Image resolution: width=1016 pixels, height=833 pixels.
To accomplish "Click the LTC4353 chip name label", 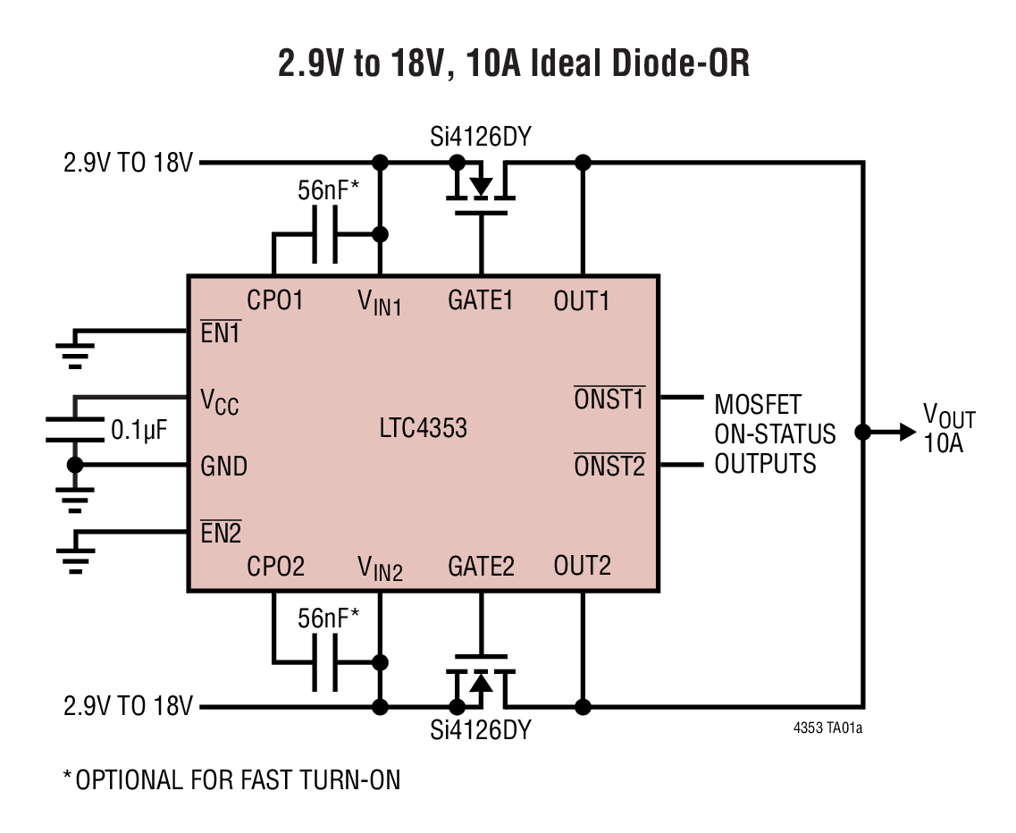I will [x=423, y=428].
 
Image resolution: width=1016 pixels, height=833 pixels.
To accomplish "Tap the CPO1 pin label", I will [x=275, y=300].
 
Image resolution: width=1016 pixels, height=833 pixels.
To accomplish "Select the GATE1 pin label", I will [x=481, y=300].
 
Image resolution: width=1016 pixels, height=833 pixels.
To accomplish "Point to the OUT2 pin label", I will [x=582, y=566].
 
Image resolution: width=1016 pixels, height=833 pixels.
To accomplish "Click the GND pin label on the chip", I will [x=223, y=466].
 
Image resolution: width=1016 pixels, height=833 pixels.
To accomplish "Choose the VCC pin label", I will [x=219, y=401].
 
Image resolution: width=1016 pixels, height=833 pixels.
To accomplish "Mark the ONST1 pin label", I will [x=609, y=399].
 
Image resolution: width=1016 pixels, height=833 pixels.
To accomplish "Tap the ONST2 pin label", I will [x=609, y=466].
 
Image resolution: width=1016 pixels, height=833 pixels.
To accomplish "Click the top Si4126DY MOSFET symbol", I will [x=482, y=189].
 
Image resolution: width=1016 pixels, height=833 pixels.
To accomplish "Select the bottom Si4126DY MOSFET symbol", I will [x=482, y=682].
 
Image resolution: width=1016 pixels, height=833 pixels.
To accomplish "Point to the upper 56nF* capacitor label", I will [x=327, y=189].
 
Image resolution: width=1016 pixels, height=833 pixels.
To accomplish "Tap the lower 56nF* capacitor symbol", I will [x=325, y=662].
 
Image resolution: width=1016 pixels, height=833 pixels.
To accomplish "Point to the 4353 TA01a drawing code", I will [x=827, y=728].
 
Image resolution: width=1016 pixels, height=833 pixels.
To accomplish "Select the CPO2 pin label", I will [x=275, y=566].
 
